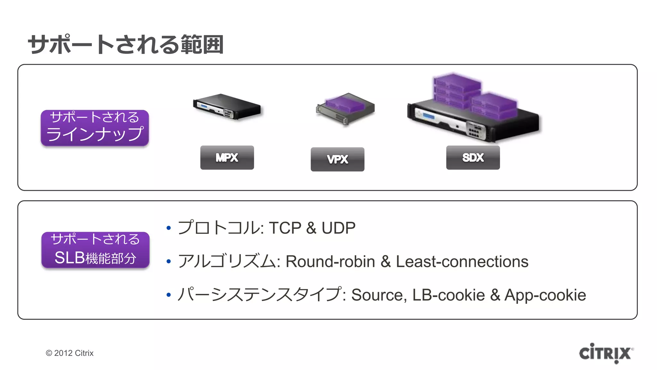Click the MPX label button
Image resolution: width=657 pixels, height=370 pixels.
click(227, 157)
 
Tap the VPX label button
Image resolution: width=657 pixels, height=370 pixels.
click(337, 159)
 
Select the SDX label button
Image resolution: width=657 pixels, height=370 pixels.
click(473, 157)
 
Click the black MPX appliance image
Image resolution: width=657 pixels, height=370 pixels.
click(227, 107)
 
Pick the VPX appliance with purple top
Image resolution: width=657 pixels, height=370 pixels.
click(345, 108)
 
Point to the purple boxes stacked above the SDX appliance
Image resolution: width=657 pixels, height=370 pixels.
click(472, 93)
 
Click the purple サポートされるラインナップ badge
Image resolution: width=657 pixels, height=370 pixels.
click(95, 128)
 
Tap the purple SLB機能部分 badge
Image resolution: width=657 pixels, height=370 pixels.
click(95, 250)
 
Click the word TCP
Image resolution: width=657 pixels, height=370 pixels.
click(285, 228)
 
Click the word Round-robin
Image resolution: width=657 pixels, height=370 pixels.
click(330, 261)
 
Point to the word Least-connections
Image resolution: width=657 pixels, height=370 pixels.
click(462, 261)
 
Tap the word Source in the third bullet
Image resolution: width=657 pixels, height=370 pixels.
click(377, 295)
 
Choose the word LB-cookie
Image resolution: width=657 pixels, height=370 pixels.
click(448, 295)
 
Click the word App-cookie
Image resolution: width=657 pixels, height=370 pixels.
click(545, 295)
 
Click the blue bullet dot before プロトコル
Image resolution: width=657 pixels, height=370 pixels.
click(169, 228)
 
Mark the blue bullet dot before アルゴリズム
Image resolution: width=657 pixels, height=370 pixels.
click(169, 262)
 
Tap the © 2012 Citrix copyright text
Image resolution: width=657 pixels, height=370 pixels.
click(70, 353)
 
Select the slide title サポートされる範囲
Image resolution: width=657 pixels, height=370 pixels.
click(125, 44)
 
